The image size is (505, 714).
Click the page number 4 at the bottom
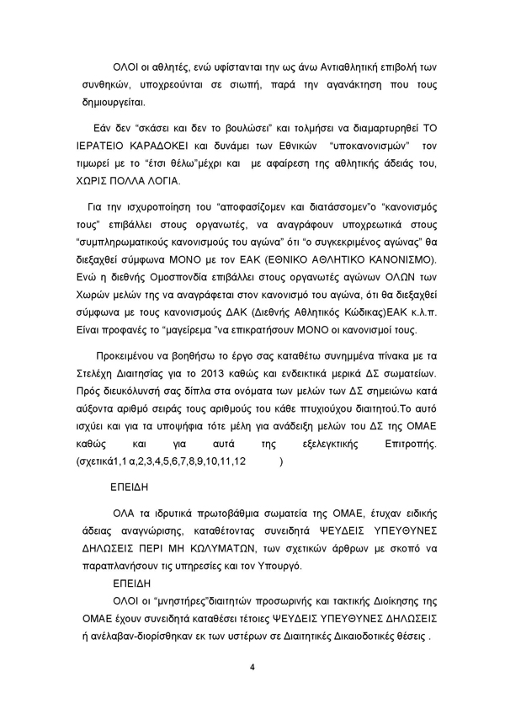pos(252,669)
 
